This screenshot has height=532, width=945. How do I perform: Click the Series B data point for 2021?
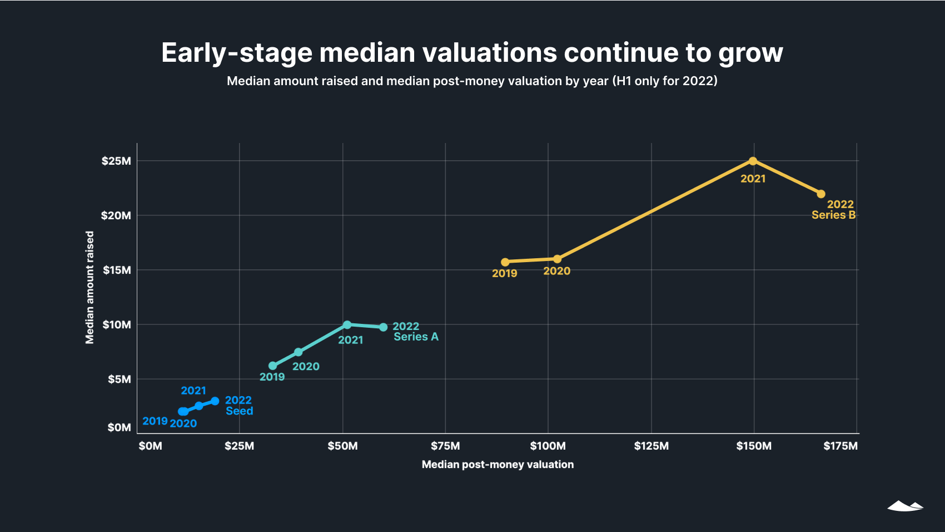[753, 161]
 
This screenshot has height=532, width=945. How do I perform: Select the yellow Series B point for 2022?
[821, 194]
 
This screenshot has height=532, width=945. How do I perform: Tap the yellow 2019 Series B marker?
[505, 262]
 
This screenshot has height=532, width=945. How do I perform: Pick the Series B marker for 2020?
[558, 259]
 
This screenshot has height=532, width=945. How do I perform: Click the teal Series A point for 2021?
[347, 324]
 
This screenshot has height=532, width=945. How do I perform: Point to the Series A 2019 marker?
[272, 366]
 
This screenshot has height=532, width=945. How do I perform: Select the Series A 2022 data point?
[384, 327]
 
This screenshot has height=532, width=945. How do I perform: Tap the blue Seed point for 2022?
[215, 401]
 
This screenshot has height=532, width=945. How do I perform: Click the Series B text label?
[833, 215]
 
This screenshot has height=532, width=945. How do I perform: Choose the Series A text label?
[416, 337]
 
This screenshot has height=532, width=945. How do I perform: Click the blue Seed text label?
[240, 411]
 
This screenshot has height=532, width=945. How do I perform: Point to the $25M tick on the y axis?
[116, 161]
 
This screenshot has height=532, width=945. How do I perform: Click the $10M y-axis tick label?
[117, 325]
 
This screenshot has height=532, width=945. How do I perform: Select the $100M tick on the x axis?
[548, 446]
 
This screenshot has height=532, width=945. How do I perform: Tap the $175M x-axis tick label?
[840, 446]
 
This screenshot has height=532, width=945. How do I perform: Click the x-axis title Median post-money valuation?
[498, 465]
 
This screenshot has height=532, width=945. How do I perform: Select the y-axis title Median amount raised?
[89, 288]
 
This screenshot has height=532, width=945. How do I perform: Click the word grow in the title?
[750, 53]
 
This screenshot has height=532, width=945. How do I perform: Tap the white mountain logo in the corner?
[905, 506]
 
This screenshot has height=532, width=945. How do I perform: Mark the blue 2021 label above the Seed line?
[193, 391]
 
